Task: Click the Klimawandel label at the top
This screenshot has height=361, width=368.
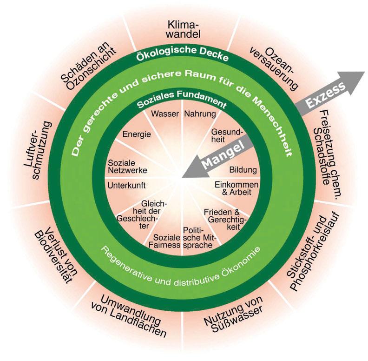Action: click(184, 29)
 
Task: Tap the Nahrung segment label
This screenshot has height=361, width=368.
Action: click(200, 114)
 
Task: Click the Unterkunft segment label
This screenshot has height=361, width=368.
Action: click(126, 185)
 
